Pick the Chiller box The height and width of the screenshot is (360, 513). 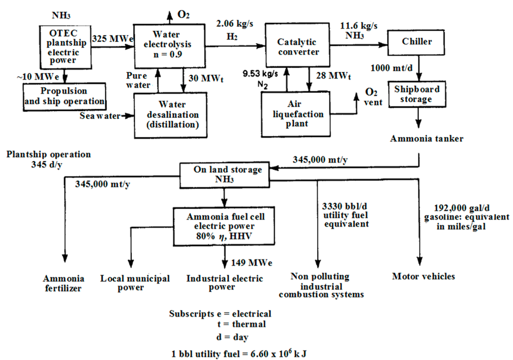pos(416,42)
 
